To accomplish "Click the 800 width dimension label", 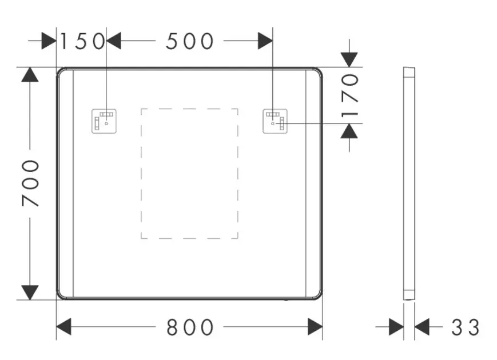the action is point(190,327).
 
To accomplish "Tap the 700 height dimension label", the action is point(30,183).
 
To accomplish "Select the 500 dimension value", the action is point(189,41).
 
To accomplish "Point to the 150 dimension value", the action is point(82,41).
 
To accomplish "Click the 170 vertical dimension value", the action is point(349,95).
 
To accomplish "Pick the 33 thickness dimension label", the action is point(465,327).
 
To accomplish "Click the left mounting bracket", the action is point(104,121).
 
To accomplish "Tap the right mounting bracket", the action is point(275,121).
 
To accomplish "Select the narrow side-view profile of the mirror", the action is point(409,183).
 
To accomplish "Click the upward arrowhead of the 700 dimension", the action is point(30,74).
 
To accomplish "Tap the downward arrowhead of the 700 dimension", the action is point(30,292).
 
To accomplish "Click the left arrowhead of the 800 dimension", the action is point(63,327).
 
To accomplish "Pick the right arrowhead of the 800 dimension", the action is point(315,327).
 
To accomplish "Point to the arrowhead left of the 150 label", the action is point(49,41).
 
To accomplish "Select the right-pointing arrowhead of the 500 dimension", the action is point(265,41).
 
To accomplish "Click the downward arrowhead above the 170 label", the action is point(349,60).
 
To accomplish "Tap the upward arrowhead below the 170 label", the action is point(349,131).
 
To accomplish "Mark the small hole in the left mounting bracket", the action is point(106,123).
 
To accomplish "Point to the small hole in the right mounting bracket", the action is point(273,123).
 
